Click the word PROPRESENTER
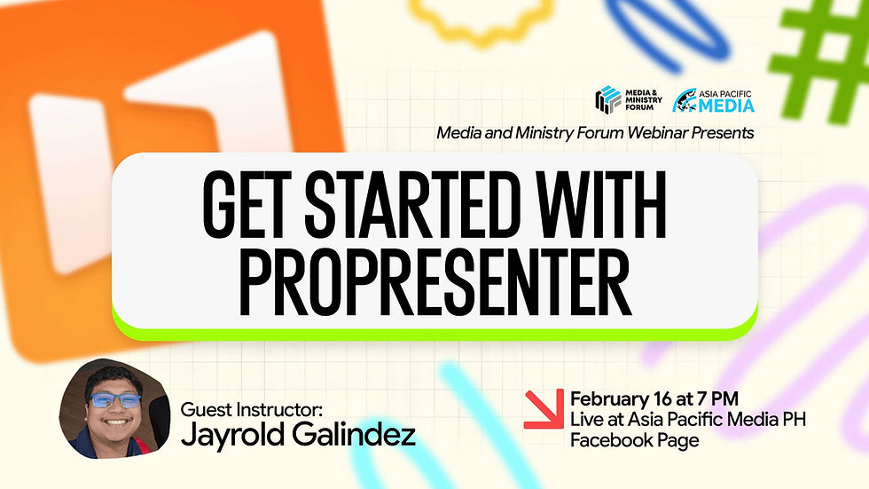(x=434, y=284)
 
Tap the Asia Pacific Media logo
(x=714, y=100)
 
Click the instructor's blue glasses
(x=118, y=398)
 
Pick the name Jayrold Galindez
(x=297, y=435)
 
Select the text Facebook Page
(x=635, y=439)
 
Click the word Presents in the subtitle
(x=722, y=132)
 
